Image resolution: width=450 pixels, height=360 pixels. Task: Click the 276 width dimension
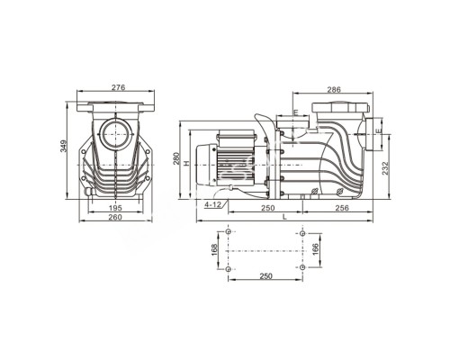[x=117, y=88]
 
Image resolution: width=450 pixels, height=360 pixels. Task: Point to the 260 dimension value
[x=117, y=217]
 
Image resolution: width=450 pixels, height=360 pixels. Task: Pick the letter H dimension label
[x=184, y=164]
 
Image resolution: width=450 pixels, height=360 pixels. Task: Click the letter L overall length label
[x=284, y=217]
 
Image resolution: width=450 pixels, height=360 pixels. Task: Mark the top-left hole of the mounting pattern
[x=231, y=232]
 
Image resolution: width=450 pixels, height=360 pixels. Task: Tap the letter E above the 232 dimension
[x=378, y=132]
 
